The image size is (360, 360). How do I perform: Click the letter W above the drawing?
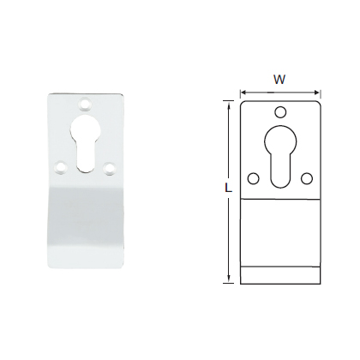pos(280,79)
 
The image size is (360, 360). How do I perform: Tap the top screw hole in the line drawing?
pos(281,111)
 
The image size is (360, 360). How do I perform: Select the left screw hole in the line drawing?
pos(254,177)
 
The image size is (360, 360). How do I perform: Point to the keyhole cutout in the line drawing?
pos(281,154)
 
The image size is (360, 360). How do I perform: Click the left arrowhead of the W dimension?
pos(243,90)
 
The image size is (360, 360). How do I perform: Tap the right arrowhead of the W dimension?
pos(320,90)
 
